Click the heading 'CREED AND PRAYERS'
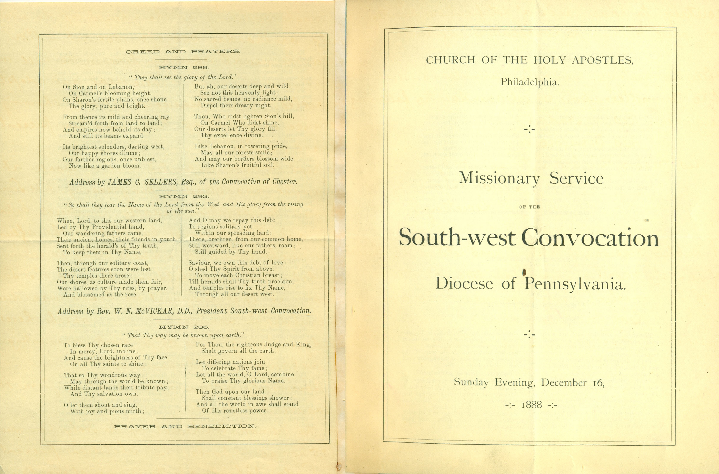pos(183,52)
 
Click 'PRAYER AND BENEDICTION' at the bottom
pos(185,426)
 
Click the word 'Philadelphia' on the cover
pos(529,82)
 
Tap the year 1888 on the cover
pos(531,404)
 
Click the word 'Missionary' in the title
pos(499,178)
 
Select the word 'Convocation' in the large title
pos(590,238)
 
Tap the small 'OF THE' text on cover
pos(529,207)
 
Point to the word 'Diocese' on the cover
pos(464,284)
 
